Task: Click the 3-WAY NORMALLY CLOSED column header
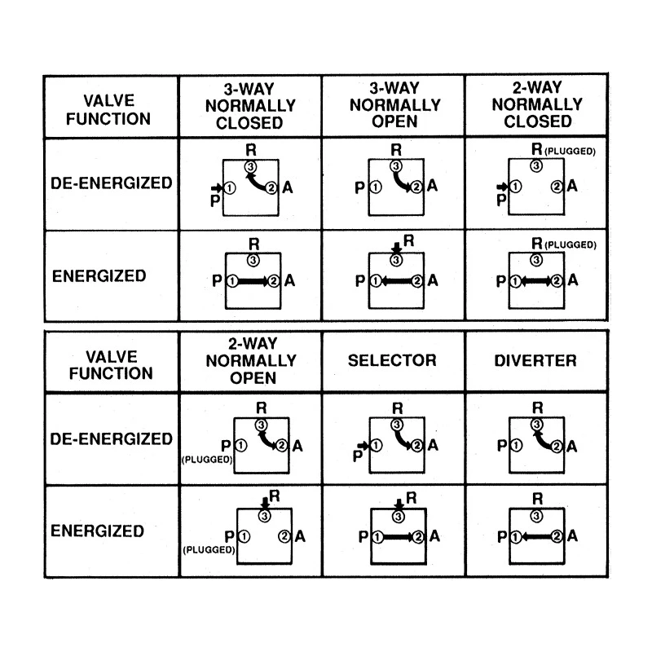tap(250, 106)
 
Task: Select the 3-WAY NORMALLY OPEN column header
tap(395, 105)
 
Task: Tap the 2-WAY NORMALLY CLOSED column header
tap(537, 104)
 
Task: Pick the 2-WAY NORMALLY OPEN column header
tap(251, 360)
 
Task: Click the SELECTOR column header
tap(392, 360)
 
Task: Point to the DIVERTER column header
tap(535, 360)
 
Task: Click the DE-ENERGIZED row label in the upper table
tap(112, 183)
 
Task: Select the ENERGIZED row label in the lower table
tap(97, 531)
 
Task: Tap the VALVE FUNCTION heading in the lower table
tap(111, 365)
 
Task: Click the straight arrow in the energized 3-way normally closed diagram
tap(253, 281)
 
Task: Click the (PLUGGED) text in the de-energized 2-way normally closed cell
tap(570, 152)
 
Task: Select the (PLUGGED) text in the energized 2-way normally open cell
tap(209, 549)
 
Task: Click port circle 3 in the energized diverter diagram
tap(536, 516)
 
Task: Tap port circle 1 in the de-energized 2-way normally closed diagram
tap(516, 187)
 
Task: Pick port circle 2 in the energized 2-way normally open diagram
tap(284, 536)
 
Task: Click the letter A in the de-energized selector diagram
tap(433, 445)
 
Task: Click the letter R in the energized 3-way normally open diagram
tap(409, 240)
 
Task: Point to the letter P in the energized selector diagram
tap(363, 536)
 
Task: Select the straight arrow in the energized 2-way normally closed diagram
tap(536, 281)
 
